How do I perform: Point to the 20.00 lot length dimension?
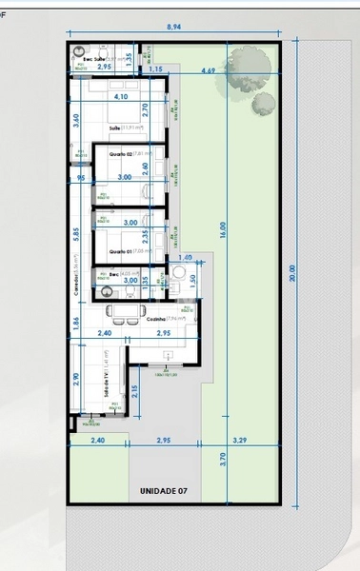[x=293, y=273]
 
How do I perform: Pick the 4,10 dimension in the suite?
[x=120, y=97]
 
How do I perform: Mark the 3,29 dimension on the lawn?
[x=239, y=442]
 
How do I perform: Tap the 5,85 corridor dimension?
[x=76, y=233]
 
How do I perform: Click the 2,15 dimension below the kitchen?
[x=135, y=390]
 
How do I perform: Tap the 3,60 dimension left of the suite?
[x=76, y=121]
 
